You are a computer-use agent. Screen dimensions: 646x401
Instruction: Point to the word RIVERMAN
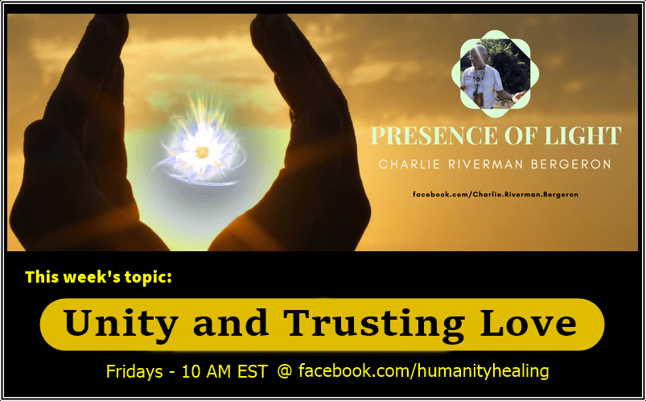click(x=485, y=164)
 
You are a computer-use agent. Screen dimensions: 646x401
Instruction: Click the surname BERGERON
click(x=571, y=164)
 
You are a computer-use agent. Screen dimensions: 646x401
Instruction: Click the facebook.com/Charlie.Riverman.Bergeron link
click(x=496, y=194)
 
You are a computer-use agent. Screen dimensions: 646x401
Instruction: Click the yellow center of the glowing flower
click(x=202, y=152)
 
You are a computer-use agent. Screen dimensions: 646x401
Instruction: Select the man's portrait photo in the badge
click(x=495, y=73)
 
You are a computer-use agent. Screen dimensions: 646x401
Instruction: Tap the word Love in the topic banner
click(x=529, y=323)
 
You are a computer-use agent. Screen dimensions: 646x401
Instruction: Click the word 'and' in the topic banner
click(x=231, y=323)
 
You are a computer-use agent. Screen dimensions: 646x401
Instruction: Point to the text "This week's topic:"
click(x=98, y=277)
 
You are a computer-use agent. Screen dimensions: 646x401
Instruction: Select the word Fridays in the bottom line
click(x=134, y=371)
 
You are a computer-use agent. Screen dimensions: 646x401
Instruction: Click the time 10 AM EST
click(x=224, y=372)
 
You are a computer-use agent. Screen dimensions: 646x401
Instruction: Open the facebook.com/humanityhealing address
click(x=423, y=370)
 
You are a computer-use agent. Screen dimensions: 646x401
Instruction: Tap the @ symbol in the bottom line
click(x=285, y=371)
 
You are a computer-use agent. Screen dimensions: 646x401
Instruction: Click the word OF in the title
click(x=521, y=136)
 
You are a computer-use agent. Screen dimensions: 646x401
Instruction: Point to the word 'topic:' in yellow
click(x=148, y=277)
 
